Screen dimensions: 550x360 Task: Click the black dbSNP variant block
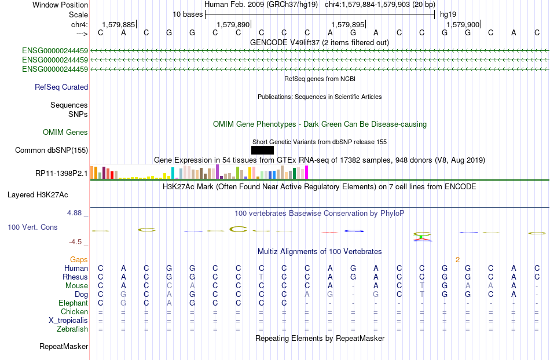[262, 150]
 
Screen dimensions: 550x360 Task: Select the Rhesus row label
[75, 277]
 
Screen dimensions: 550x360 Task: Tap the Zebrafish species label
[72, 329]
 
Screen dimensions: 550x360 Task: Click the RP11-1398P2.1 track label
[61, 173]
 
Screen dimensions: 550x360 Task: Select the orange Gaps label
[79, 259]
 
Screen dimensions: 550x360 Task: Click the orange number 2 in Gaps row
[457, 260]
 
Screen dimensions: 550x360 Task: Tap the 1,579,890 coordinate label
[233, 24]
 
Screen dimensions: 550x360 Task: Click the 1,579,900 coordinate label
[463, 24]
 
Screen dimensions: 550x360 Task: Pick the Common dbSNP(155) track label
[52, 150]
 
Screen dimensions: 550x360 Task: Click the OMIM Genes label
[65, 132]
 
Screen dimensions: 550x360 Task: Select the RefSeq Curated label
[61, 87]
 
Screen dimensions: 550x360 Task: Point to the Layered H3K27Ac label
[38, 195]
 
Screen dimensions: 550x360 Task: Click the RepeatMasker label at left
[64, 346]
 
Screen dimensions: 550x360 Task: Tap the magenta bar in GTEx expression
[307, 172]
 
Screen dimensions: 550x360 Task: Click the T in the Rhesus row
[261, 277]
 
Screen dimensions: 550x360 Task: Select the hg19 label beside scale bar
[448, 14]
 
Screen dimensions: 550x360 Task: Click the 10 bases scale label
[188, 14]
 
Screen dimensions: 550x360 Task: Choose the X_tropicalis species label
[68, 321]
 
